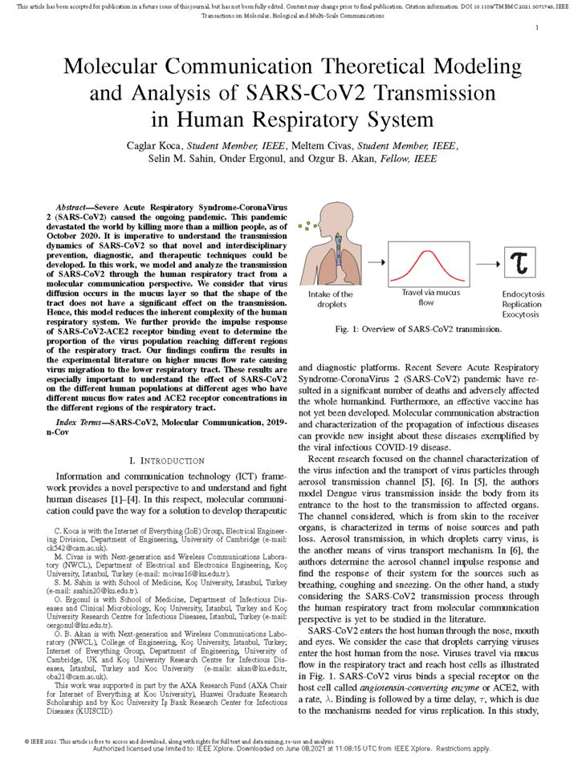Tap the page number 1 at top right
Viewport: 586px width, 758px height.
tap(536, 27)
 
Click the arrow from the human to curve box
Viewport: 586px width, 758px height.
tap(374, 261)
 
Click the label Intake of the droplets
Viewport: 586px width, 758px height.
tap(330, 299)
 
